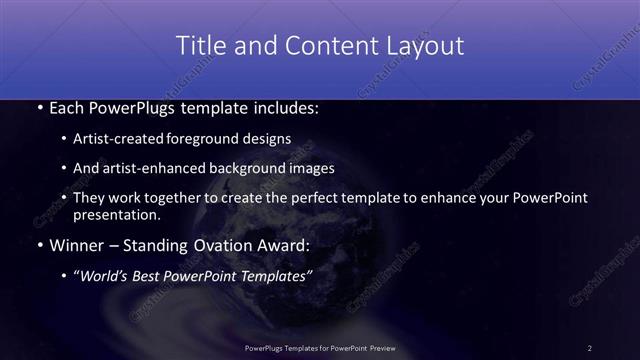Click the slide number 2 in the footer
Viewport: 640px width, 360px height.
click(x=590, y=347)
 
